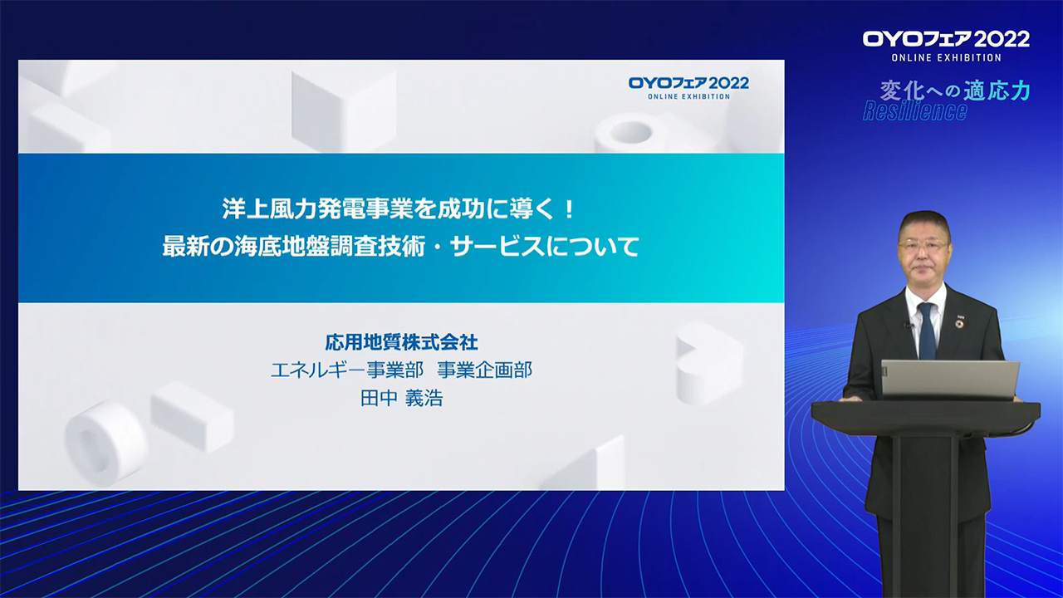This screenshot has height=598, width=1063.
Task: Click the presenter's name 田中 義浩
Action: tap(401, 398)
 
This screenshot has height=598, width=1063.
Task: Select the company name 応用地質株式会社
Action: tap(401, 341)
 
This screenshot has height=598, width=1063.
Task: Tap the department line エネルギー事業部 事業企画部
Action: tap(401, 370)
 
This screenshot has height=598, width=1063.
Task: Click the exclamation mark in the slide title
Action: tap(570, 209)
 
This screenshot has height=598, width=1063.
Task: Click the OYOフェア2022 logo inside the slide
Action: tap(688, 87)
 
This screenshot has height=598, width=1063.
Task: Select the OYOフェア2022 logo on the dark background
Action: tap(946, 46)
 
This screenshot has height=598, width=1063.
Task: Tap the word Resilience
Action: tap(914, 111)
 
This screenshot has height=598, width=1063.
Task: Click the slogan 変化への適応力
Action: tap(955, 91)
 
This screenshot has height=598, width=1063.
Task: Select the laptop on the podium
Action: tap(950, 380)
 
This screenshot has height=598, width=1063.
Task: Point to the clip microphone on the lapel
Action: tap(907, 325)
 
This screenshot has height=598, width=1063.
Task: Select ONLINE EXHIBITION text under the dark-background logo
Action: tap(946, 57)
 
